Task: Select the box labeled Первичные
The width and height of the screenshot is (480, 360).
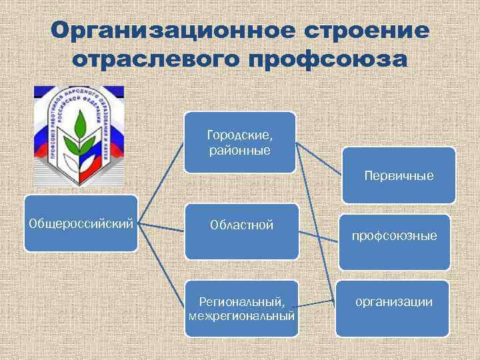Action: click(399, 175)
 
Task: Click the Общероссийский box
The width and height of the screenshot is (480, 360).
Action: click(81, 223)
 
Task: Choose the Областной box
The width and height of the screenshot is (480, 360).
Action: click(241, 231)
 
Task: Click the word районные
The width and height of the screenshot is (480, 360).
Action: click(239, 150)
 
